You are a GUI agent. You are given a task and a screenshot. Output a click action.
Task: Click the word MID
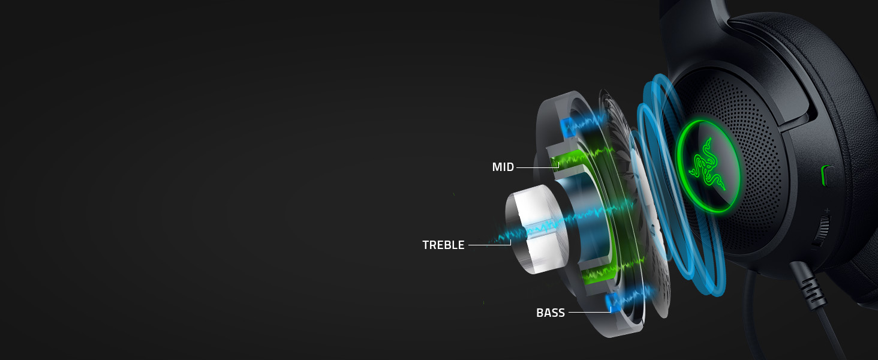point(503,167)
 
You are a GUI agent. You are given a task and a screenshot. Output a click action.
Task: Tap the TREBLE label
point(443,245)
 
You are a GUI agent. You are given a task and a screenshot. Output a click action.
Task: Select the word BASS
point(550,313)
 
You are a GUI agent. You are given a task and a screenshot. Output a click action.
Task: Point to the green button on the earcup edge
point(825,176)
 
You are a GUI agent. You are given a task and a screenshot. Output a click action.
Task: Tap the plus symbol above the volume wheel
point(827,210)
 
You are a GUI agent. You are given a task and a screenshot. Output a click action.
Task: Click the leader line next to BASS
point(588,312)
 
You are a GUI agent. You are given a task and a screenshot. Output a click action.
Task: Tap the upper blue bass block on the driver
point(567,126)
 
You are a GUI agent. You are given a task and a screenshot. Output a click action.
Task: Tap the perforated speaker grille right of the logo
point(759,150)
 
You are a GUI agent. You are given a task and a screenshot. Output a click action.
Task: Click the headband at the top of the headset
point(696,12)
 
